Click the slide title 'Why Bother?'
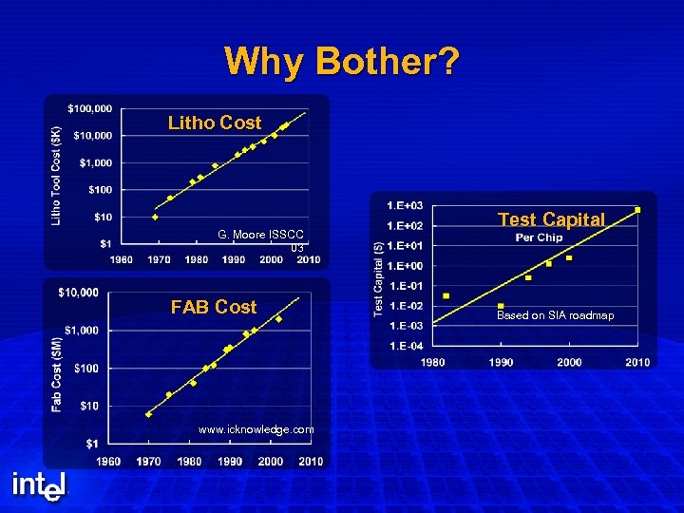[342, 62]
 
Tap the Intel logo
[40, 485]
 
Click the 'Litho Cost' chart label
[214, 123]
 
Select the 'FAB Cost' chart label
[213, 307]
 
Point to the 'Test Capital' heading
[551, 219]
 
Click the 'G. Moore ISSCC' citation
[260, 234]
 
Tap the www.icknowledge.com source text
[256, 429]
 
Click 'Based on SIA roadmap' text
[555, 315]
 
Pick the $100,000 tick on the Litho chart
[90, 107]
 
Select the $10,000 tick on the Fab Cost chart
[78, 292]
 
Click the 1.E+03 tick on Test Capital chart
[405, 205]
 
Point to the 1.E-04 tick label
[405, 345]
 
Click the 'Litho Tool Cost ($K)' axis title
[56, 176]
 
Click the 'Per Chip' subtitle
[539, 237]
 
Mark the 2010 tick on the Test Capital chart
[636, 362]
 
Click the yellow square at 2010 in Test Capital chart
[637, 209]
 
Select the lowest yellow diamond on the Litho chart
[156, 217]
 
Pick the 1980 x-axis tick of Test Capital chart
[432, 362]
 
